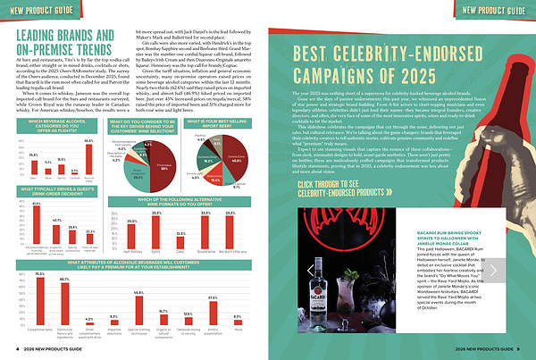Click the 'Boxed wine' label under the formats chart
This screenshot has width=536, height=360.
tap(231, 255)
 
